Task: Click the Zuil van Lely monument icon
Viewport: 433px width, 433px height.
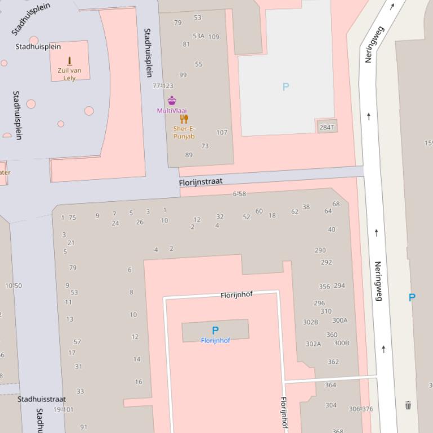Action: click(70, 61)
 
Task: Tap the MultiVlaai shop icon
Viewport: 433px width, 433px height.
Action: click(172, 101)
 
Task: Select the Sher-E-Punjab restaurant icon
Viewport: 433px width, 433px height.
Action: click(184, 119)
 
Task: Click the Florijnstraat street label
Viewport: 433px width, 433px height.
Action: click(201, 182)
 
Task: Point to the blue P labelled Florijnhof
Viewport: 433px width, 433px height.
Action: click(215, 331)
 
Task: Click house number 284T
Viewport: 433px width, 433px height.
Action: click(327, 127)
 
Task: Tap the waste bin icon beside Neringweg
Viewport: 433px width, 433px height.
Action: click(408, 405)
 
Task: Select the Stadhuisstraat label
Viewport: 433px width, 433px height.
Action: click(41, 399)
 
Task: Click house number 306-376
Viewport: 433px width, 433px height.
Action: click(361, 409)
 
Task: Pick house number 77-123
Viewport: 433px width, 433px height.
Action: click(163, 86)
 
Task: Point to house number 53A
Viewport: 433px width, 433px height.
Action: click(198, 36)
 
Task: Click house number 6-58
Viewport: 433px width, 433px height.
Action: click(239, 194)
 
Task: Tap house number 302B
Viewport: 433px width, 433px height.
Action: click(310, 322)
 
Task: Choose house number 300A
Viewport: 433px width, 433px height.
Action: click(340, 321)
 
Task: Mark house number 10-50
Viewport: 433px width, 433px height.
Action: click(14, 286)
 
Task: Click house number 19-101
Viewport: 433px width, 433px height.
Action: click(63, 409)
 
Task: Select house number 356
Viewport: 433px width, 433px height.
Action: click(324, 287)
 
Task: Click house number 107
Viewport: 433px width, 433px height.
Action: click(222, 133)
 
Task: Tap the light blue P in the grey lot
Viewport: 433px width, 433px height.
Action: click(285, 87)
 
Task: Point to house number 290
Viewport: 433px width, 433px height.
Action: click(320, 250)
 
